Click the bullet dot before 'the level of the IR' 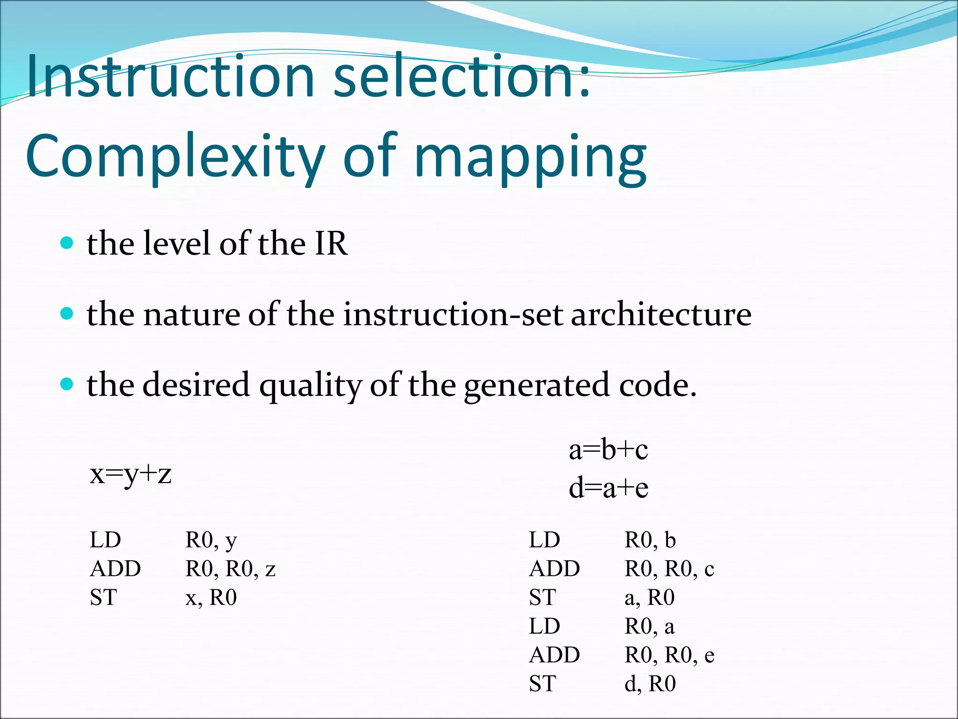[x=67, y=243]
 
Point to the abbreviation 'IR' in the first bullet [x=331, y=243]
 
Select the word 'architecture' [x=661, y=314]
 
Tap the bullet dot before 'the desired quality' [x=67, y=384]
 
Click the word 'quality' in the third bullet [x=311, y=386]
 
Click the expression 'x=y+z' [x=131, y=474]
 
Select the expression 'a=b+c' [x=608, y=450]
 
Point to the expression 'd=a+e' [x=608, y=488]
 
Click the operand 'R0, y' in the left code [x=211, y=541]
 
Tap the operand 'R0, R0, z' [x=230, y=569]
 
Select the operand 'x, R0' [x=211, y=598]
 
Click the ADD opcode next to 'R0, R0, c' [x=554, y=569]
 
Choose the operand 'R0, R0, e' [x=669, y=655]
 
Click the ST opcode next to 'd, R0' [x=542, y=684]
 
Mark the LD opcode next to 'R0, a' [x=544, y=626]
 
